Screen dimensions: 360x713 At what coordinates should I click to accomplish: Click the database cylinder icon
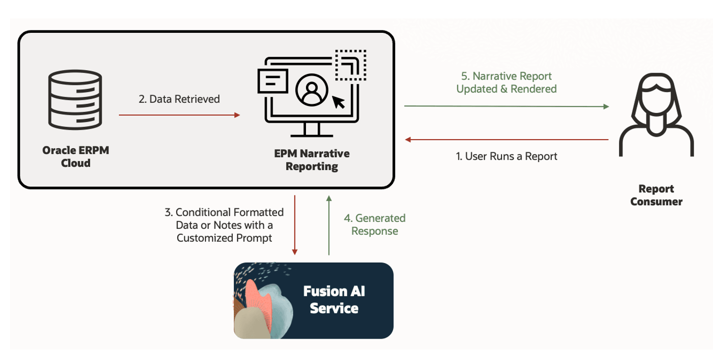75,98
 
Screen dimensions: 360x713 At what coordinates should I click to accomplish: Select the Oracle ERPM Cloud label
76,156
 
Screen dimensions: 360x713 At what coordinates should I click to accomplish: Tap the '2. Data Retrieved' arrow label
179,99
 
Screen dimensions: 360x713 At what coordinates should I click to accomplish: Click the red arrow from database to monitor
179,115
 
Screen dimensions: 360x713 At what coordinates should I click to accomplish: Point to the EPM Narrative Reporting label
311,160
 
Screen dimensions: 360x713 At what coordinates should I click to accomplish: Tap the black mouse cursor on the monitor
339,101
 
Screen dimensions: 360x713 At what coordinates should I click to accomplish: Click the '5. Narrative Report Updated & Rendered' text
506,83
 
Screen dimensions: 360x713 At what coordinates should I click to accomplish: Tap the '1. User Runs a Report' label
507,156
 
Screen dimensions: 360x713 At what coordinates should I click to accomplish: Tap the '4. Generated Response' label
375,225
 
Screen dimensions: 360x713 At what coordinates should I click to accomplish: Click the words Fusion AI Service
334,299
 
